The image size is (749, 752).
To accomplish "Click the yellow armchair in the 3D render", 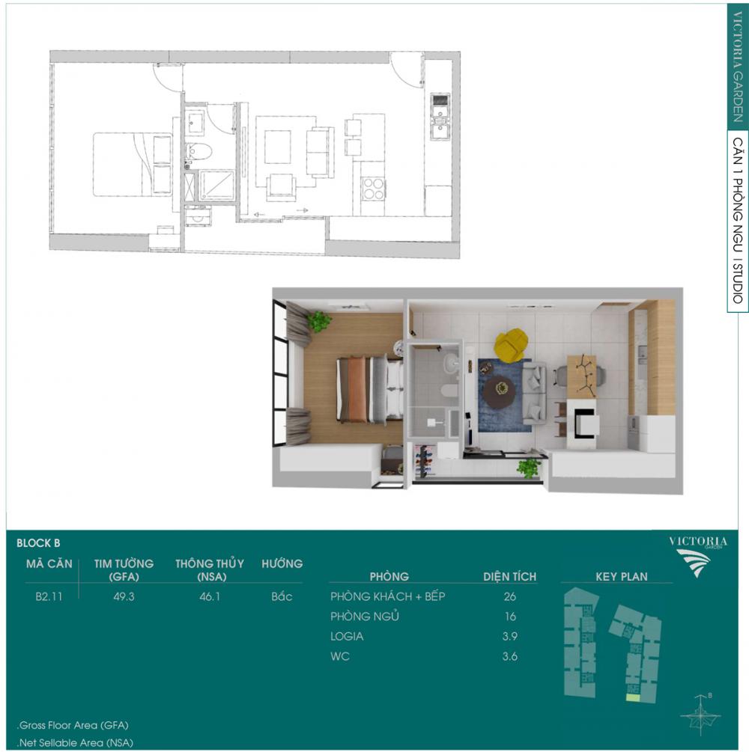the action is [512, 343].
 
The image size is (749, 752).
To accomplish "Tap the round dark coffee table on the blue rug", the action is [500, 391].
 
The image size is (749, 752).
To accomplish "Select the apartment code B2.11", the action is [49, 596].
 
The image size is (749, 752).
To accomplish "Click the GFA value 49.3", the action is [124, 596].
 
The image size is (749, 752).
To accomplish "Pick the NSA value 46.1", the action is [210, 596].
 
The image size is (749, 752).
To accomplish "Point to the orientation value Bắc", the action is [282, 596].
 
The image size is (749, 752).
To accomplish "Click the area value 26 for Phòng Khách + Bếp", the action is [510, 596].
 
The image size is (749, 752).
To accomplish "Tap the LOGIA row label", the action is [347, 637].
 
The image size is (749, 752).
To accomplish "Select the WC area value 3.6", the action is [510, 656].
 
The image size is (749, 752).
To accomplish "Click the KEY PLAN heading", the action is [622, 576].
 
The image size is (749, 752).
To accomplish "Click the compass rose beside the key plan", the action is [701, 716].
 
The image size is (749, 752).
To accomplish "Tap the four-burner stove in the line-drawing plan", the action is [373, 189].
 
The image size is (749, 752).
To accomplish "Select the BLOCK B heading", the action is [38, 543].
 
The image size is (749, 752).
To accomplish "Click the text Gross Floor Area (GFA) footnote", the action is [73, 725].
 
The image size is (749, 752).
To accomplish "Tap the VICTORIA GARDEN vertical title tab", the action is [738, 67].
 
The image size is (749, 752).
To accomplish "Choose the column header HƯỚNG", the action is [282, 563].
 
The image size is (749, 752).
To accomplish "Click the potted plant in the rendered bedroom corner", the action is [319, 321].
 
